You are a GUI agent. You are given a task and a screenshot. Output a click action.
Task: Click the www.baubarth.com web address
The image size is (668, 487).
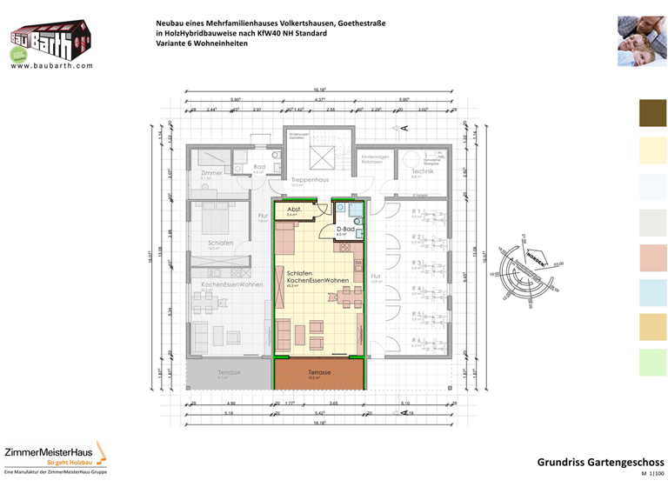(x=52, y=64)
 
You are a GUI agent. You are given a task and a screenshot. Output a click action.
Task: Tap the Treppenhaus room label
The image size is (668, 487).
(x=310, y=180)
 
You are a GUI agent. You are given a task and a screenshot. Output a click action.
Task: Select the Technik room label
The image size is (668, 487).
(x=422, y=171)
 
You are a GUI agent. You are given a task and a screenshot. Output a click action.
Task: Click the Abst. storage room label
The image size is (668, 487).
(x=294, y=210)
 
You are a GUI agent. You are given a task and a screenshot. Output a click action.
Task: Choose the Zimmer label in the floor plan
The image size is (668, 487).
(x=211, y=173)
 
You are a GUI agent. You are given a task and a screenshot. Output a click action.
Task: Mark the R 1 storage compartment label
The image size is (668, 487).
(x=417, y=211)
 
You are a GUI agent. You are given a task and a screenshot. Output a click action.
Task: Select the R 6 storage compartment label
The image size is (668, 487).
(x=417, y=340)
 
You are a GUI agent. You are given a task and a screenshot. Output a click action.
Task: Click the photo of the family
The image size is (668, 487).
(x=642, y=40)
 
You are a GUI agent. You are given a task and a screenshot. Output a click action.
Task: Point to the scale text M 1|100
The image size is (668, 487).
(x=651, y=477)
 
